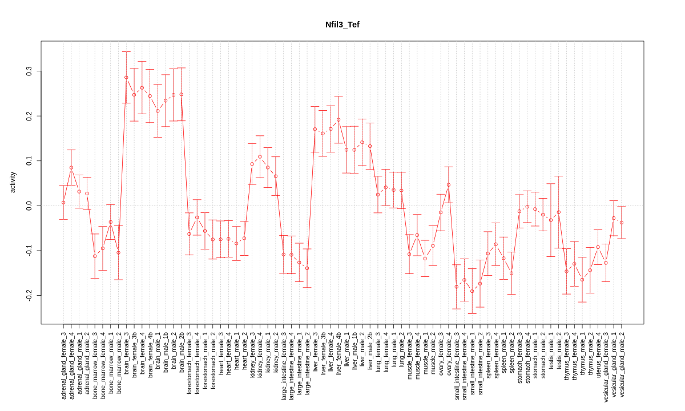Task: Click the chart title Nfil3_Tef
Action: pyautogui.click(x=342, y=25)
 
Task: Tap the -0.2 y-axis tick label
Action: pyautogui.click(x=30, y=295)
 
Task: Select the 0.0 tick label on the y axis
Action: pyautogui.click(x=30, y=205)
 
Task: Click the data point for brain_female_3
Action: pyautogui.click(x=126, y=77)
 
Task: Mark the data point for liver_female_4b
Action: pyautogui.click(x=339, y=120)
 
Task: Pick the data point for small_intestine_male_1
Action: pyautogui.click(x=472, y=291)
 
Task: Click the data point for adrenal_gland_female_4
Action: pyautogui.click(x=71, y=168)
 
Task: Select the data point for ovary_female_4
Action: pyautogui.click(x=449, y=185)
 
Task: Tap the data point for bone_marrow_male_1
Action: pyautogui.click(x=111, y=222)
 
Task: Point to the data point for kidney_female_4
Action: pyautogui.click(x=260, y=157)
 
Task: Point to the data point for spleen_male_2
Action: pyautogui.click(x=511, y=273)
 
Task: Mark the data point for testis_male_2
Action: pyautogui.click(x=559, y=212)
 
